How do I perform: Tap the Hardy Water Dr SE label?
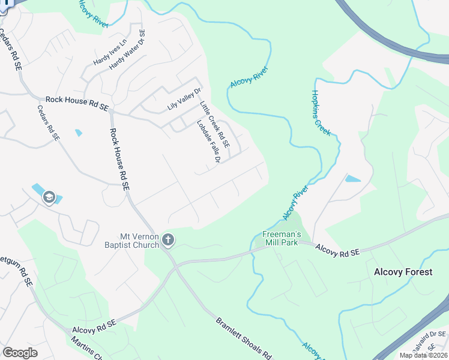point(127,50)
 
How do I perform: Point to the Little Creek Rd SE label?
point(214,124)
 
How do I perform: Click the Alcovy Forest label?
point(403,272)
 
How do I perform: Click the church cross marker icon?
point(169,240)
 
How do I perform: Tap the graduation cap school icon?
point(49,197)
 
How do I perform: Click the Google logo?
point(20,352)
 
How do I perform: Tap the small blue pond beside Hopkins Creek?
point(353,179)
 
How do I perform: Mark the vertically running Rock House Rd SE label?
point(119,160)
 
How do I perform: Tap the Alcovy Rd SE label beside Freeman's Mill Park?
point(337,250)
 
